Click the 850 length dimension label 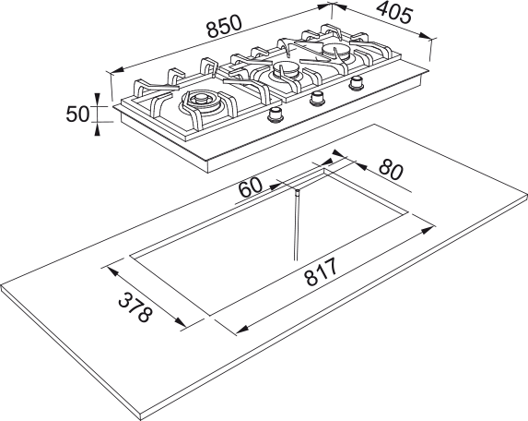pos(224,26)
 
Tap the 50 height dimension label pos(77,114)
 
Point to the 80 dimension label pos(391,170)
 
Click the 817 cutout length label pos(321,271)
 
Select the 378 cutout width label pos(135,307)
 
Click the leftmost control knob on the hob pos(276,114)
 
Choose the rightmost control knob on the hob pos(356,83)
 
